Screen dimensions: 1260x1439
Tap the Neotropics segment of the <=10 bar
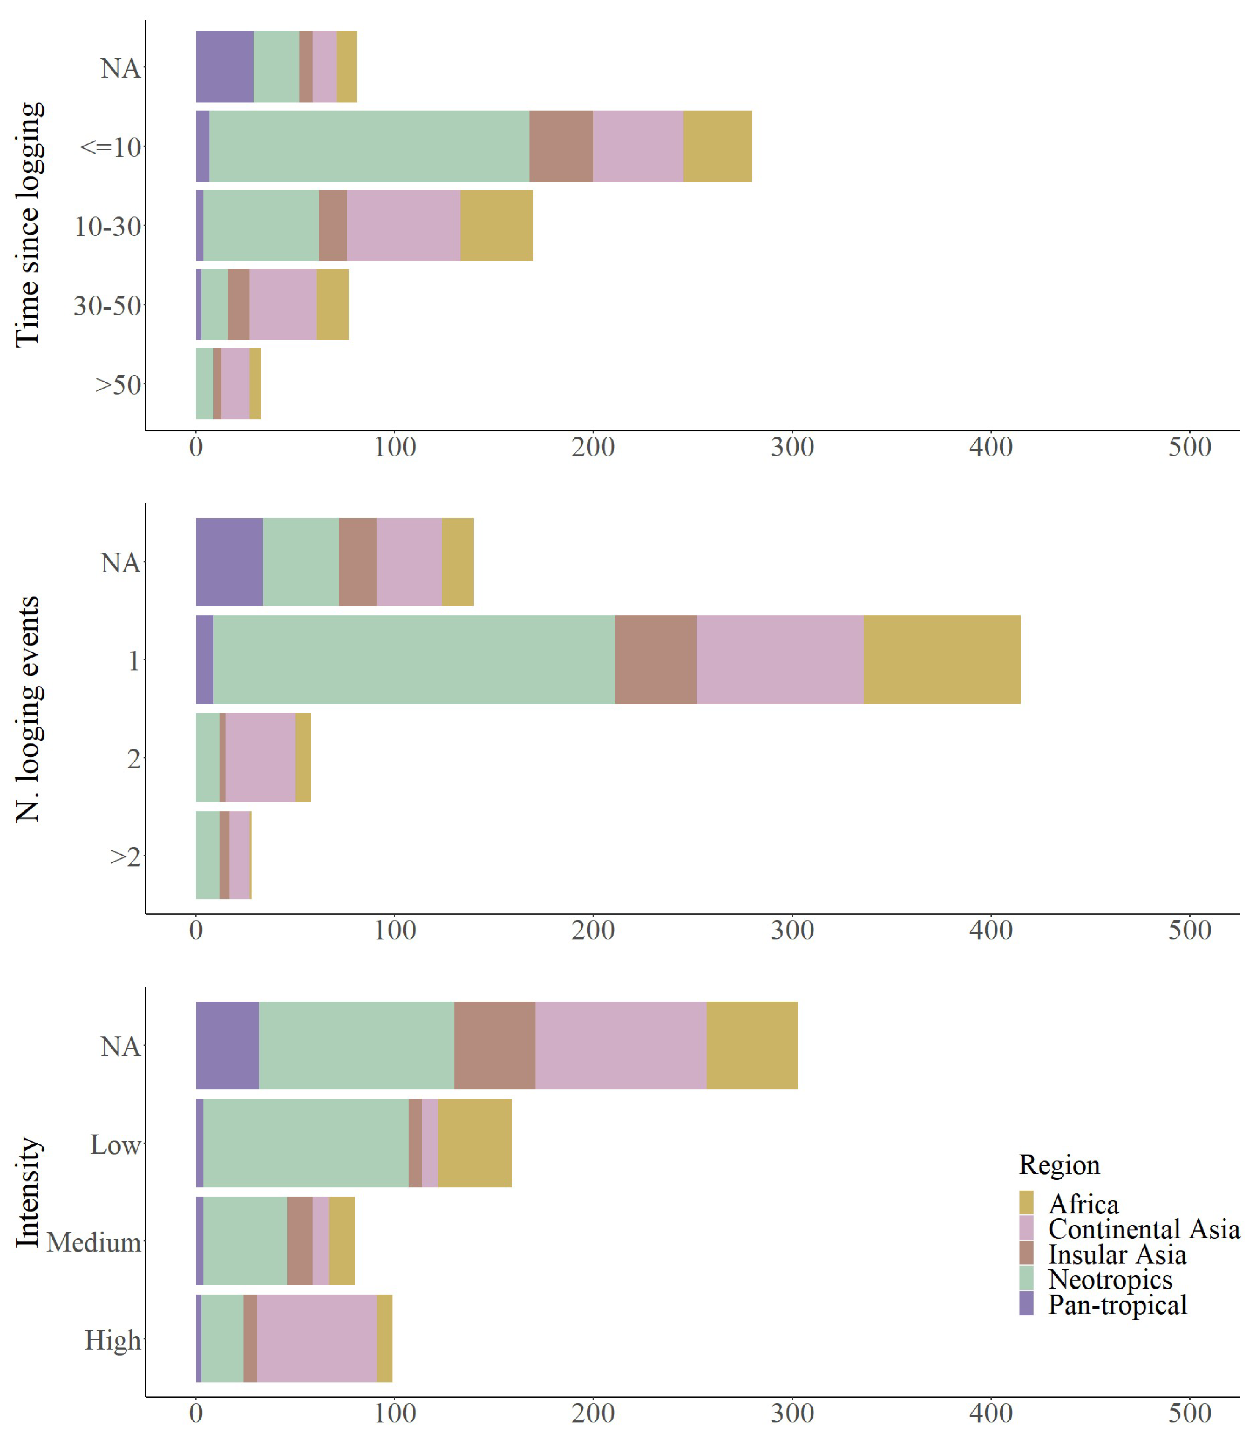pyautogui.click(x=369, y=146)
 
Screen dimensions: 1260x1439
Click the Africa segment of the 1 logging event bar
pyautogui.click(x=941, y=659)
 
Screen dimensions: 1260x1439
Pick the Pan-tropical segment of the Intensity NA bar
pyautogui.click(x=227, y=1046)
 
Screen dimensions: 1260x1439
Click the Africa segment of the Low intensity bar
pyautogui.click(x=475, y=1143)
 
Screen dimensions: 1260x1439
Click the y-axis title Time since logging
pyautogui.click(x=28, y=225)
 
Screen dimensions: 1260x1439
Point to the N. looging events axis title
pyautogui.click(x=28, y=709)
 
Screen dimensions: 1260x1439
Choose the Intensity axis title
pyautogui.click(x=28, y=1192)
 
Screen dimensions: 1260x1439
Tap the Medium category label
pyautogui.click(x=94, y=1242)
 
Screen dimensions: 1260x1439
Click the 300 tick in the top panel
pyautogui.click(x=792, y=447)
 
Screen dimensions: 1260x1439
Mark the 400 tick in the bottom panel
pyautogui.click(x=992, y=1413)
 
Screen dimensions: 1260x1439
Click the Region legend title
pyautogui.click(x=1060, y=1165)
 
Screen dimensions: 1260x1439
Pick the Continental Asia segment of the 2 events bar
pyautogui.click(x=260, y=757)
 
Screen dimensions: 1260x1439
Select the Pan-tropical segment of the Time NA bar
pyautogui.click(x=225, y=67)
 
